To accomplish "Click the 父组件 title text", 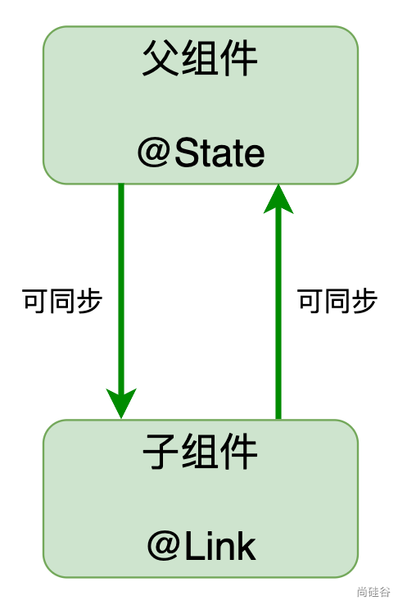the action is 200,58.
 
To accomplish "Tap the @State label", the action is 201,152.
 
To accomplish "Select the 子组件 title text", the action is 200,451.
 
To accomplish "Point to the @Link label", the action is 201,546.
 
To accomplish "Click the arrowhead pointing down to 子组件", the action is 121,403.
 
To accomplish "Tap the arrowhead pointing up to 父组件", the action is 278,198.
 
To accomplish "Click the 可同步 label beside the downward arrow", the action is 62,301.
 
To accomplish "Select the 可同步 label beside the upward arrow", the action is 337,301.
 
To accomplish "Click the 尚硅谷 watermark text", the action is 373,592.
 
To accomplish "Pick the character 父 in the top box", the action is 161,58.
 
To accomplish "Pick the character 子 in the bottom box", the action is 161,452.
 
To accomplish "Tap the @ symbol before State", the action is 154,153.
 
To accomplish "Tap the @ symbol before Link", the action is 164,546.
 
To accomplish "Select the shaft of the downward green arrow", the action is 121,289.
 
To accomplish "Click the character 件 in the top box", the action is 239,58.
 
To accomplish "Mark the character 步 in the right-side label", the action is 364,301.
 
